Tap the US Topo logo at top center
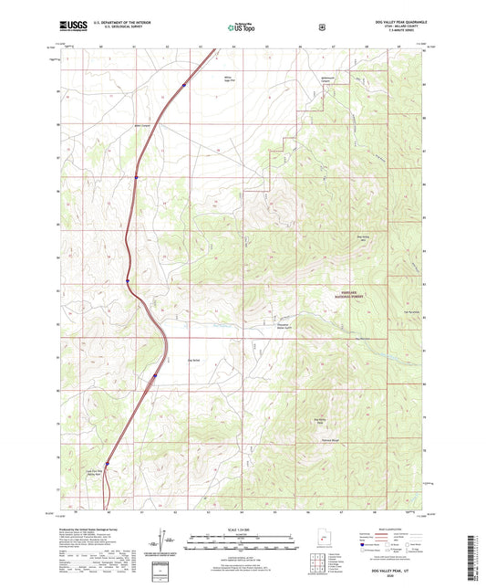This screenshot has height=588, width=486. (x=242, y=28)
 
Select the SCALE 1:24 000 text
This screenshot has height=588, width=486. (x=243, y=528)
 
